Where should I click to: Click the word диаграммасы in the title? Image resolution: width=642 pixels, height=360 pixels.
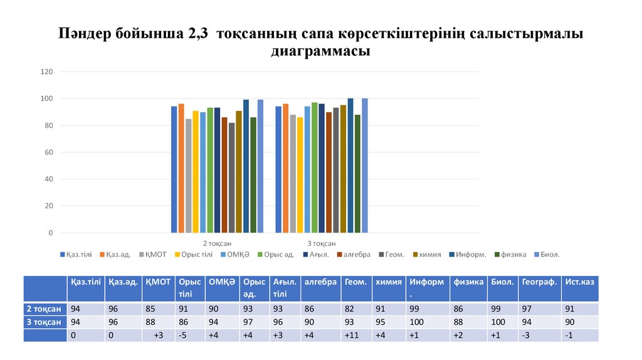320,51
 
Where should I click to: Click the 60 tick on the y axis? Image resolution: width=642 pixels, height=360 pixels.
48,152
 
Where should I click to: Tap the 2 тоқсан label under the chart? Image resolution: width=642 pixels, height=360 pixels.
217,243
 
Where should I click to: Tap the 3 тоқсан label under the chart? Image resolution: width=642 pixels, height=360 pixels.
321,243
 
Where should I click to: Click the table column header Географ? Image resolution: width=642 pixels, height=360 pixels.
539,283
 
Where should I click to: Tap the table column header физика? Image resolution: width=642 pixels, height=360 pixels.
468,283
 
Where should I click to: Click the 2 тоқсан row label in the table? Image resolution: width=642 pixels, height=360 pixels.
44,309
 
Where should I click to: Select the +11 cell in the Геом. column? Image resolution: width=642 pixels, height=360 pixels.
351,336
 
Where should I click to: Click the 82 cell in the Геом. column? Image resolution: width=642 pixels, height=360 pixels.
349,309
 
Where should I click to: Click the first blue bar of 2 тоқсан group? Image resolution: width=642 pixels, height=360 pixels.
174,169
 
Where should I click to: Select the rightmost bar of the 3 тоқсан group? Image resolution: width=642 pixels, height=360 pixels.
365,166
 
